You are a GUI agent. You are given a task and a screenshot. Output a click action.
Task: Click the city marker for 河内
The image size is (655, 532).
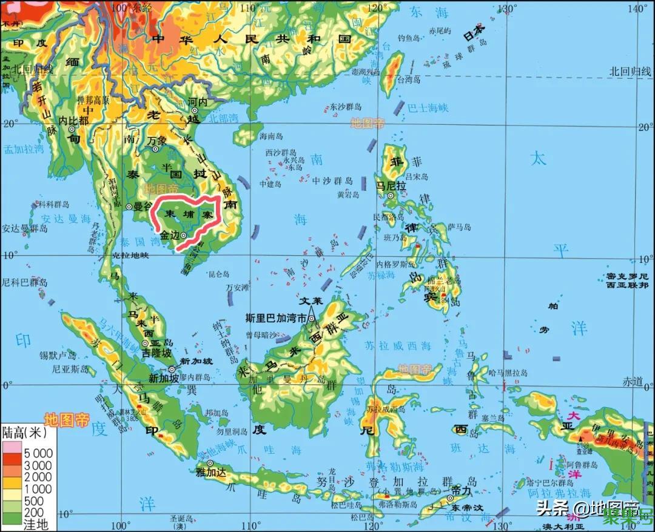pos(195,110)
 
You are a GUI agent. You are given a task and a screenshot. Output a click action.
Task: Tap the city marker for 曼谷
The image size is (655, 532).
pos(129,207)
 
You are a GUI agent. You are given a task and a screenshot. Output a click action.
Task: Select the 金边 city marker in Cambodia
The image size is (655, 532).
pos(183,236)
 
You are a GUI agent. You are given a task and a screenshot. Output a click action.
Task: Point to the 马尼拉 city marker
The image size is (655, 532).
pos(391,196)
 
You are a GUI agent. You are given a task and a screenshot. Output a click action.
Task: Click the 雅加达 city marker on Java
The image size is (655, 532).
pos(210,464)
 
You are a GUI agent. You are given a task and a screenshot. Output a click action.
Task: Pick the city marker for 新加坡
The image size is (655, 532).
pos(172,369)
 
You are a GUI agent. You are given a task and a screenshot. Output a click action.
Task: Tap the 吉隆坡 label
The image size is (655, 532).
pos(156,352)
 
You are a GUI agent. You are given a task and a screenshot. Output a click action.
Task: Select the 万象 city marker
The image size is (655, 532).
pos(155,148)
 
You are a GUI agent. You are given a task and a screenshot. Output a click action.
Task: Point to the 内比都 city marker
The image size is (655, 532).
pos(72,128)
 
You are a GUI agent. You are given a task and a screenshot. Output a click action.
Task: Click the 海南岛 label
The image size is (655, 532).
pos(271,136)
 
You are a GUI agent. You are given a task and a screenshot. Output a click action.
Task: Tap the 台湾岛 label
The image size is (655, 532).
pos(408,79)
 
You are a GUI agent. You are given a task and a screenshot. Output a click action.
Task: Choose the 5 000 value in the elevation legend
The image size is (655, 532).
pos(38,453)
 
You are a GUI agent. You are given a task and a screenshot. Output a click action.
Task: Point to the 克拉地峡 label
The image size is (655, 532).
pos(130,255)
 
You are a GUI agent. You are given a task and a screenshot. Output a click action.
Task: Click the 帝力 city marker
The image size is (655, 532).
pos(450,498)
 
